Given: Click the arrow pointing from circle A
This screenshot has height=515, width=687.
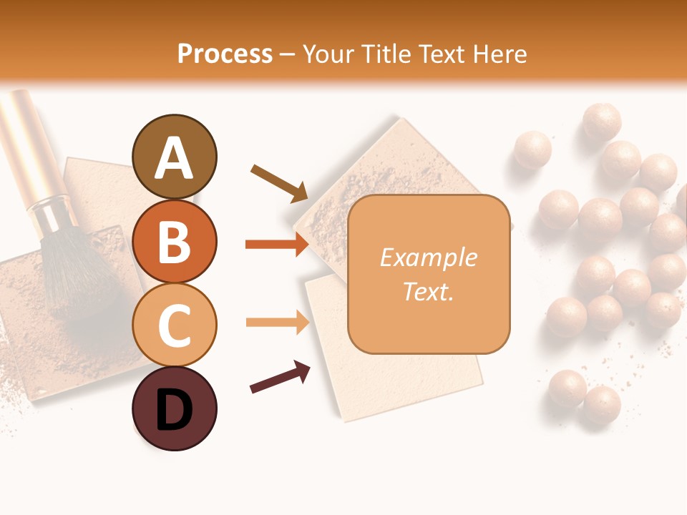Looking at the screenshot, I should (279, 182).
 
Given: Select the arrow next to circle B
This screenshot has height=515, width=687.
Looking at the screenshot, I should (277, 245).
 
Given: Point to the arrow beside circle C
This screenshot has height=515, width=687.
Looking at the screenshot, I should (277, 323).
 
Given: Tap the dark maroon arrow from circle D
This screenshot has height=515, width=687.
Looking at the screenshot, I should (280, 377).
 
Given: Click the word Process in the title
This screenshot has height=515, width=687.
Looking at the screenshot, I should (225, 54).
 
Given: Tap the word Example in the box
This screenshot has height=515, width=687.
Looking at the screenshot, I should (428, 257).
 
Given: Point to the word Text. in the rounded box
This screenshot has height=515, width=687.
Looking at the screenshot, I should (428, 291).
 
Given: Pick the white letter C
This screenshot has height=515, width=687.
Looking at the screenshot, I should (174, 325).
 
